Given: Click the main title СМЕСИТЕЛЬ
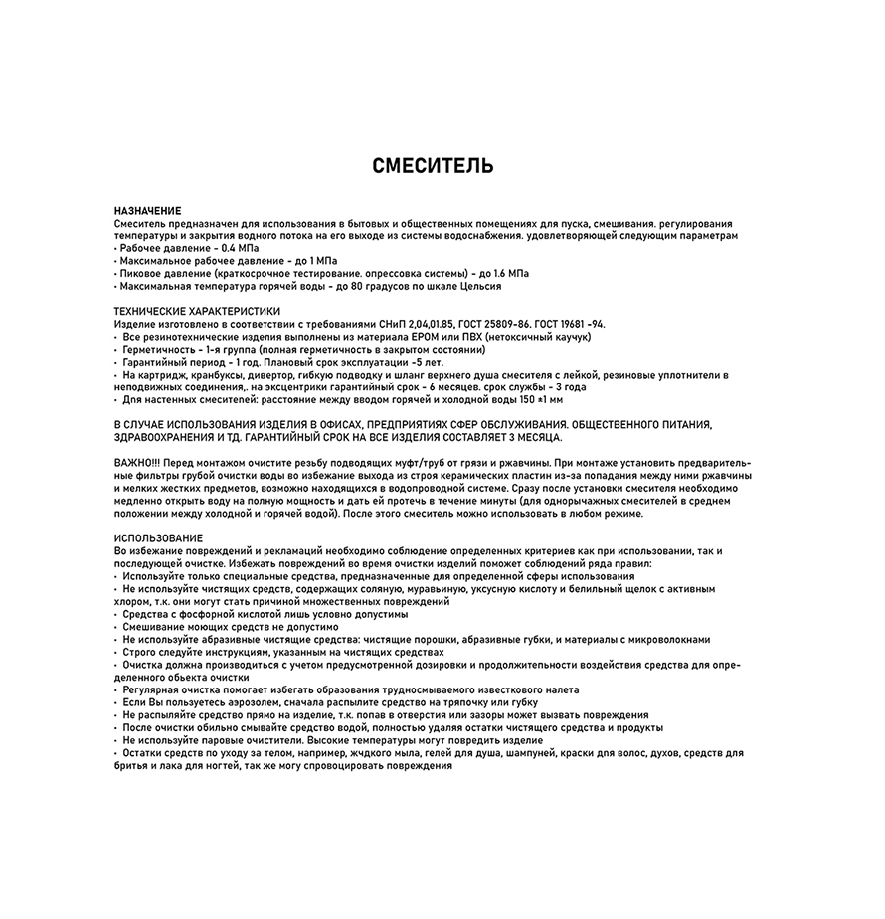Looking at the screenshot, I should pyautogui.click(x=433, y=166).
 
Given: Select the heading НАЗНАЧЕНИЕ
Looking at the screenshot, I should pyautogui.click(x=147, y=211).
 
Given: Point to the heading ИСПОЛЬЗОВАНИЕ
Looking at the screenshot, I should pyautogui.click(x=158, y=537).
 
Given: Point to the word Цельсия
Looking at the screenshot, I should pyautogui.click(x=476, y=286).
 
